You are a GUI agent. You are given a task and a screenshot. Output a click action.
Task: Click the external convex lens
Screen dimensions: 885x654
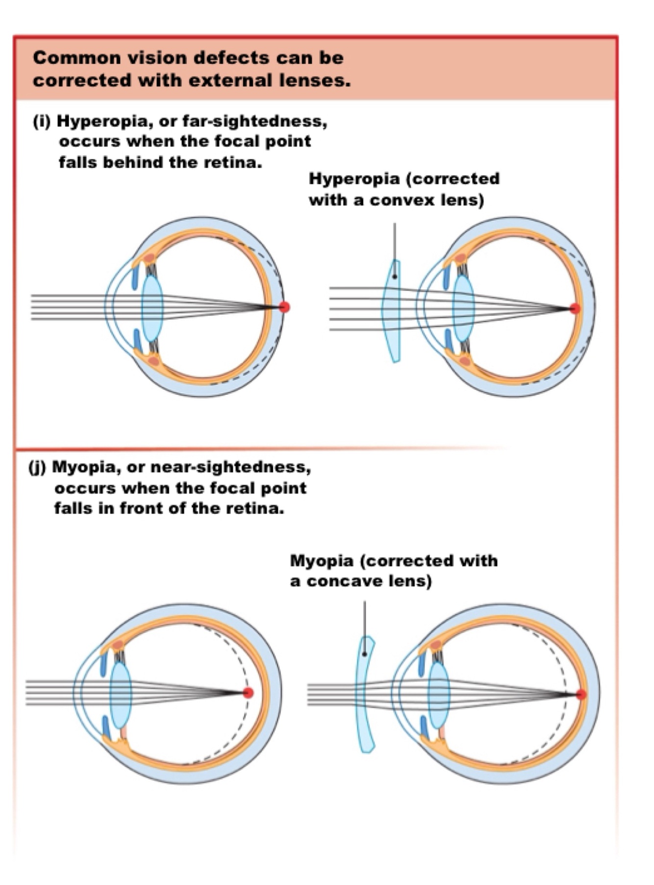pos(392,314)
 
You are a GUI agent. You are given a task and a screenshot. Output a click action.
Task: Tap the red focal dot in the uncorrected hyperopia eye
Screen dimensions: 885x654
pos(284,307)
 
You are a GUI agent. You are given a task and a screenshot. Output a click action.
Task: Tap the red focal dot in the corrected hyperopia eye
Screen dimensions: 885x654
pos(575,308)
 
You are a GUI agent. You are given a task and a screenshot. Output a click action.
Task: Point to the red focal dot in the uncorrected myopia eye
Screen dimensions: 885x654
pos(248,692)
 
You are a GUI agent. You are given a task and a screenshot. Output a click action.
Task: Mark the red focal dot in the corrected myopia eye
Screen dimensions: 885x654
pos(581,694)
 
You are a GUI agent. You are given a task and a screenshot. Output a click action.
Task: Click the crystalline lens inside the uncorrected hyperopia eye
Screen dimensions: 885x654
pos(152,308)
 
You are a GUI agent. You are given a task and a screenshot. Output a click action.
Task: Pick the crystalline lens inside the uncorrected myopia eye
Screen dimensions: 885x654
pos(121,695)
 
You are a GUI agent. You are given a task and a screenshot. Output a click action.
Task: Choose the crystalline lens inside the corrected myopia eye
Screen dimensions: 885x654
pos(439,695)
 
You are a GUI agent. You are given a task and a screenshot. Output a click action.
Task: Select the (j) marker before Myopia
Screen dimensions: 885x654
pos(37,467)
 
